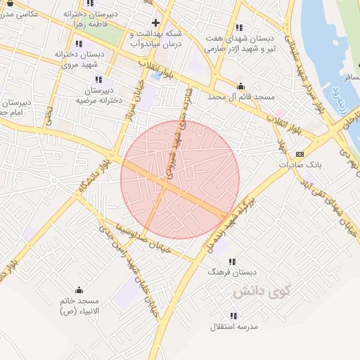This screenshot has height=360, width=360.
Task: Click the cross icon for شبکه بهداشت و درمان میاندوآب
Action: (155, 22)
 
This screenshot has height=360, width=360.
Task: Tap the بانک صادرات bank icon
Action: (300, 154)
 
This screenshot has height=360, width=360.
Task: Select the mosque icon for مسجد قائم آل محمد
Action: (241, 86)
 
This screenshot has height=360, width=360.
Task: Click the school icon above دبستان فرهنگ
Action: (232, 262)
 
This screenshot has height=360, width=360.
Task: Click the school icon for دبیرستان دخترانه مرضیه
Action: (98, 80)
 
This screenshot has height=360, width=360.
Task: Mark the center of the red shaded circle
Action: (180, 179)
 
